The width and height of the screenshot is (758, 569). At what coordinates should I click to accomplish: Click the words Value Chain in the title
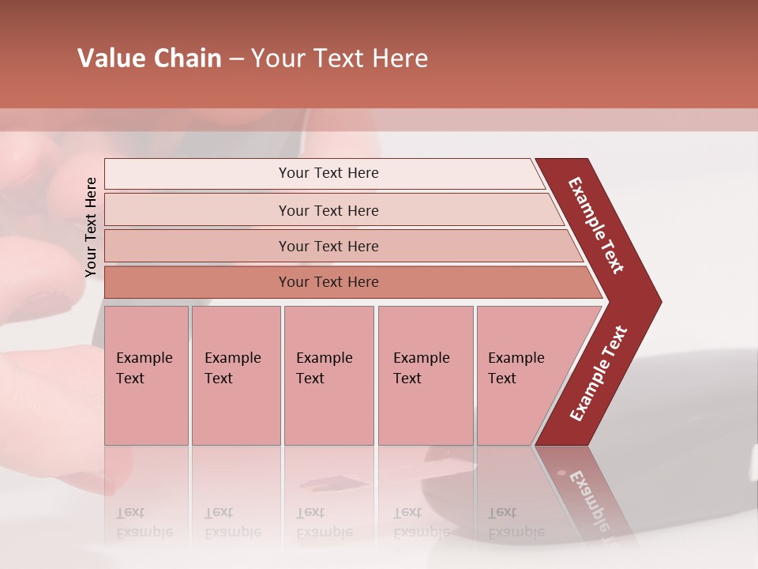point(149,58)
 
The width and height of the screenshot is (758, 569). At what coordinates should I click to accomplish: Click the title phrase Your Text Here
point(340,58)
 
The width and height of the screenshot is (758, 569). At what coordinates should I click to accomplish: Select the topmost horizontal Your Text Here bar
point(328,173)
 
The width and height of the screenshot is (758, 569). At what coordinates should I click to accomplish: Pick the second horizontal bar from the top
point(328,210)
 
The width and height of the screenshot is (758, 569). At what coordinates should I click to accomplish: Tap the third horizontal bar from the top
point(328,246)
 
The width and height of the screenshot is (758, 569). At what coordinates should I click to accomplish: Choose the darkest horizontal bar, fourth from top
point(328,282)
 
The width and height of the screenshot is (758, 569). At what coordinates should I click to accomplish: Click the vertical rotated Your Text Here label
point(91,227)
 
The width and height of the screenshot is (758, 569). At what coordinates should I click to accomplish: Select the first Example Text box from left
point(146,375)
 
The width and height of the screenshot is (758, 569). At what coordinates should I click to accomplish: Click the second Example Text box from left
point(235,375)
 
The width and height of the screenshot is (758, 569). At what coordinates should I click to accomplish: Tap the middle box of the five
point(328,375)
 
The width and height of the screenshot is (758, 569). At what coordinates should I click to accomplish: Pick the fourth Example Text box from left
point(425,375)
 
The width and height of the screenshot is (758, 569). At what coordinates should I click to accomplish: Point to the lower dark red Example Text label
point(599,374)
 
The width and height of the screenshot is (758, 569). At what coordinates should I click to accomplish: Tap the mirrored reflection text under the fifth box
point(516,522)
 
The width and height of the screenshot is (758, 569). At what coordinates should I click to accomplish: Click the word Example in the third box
point(324,358)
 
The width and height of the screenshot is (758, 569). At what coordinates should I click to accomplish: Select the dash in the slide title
point(236,59)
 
